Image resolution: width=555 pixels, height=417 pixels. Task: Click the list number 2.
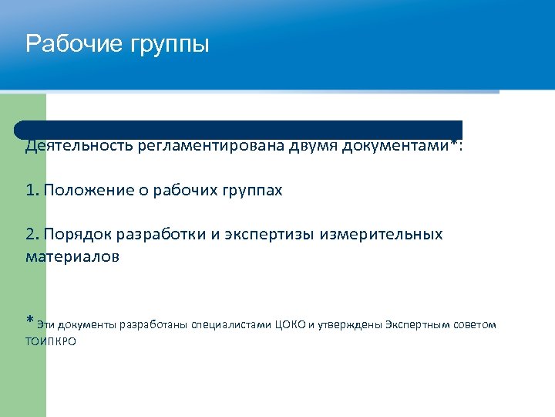(x=31, y=234)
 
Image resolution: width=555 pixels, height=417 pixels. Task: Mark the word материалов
(x=72, y=256)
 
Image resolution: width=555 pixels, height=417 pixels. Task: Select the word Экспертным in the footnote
(x=417, y=324)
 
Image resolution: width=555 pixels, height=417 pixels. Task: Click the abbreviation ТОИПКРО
(x=51, y=341)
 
